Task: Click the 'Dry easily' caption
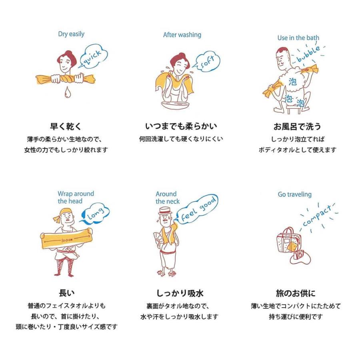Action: click(71, 34)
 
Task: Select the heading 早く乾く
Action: click(66, 126)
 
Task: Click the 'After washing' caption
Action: click(182, 35)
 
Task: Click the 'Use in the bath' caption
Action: click(298, 38)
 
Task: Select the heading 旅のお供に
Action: click(296, 293)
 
